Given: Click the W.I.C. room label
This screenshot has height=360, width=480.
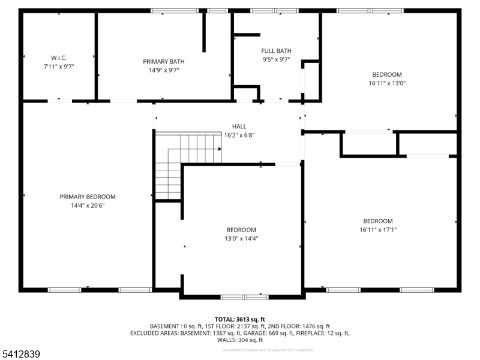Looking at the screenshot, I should click(x=58, y=58).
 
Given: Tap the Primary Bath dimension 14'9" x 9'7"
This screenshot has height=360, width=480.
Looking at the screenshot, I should click(x=163, y=70).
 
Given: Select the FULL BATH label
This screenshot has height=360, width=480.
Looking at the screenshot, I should click(x=275, y=51).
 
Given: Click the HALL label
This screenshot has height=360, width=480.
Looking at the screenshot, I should click(x=239, y=127).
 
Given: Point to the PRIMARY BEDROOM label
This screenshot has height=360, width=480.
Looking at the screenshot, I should click(x=88, y=197).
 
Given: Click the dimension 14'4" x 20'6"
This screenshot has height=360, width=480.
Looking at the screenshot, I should click(x=88, y=205).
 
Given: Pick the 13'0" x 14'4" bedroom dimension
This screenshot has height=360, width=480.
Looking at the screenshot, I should click(x=241, y=238).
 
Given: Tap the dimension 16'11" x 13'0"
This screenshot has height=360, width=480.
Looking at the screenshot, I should click(x=387, y=83).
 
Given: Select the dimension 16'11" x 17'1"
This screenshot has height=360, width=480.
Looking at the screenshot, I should click(x=378, y=229).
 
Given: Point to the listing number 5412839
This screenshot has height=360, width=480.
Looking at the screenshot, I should click(x=21, y=355).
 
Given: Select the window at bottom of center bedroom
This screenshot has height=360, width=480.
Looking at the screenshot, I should click(x=244, y=296).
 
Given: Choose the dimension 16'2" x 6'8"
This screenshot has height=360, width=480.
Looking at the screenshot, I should click(x=239, y=136).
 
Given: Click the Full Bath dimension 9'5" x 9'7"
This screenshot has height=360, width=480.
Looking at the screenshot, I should click(x=276, y=59).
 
